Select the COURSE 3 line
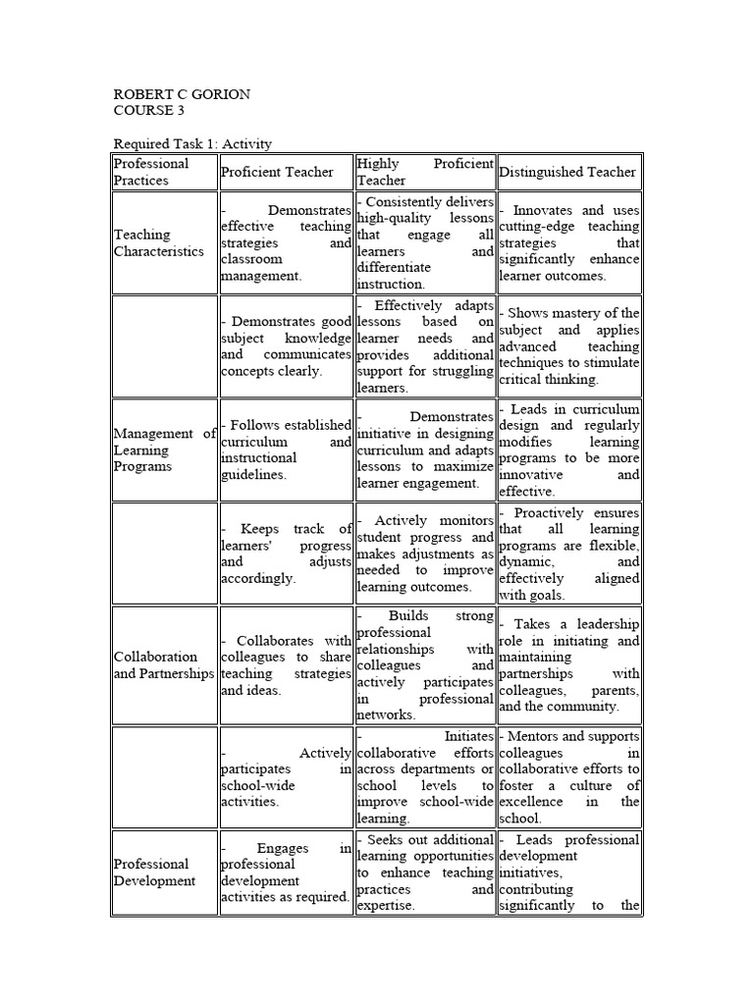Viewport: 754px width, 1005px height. tap(148, 111)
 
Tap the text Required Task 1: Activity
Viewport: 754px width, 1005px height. tap(192, 144)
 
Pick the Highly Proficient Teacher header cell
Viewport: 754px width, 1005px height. tap(425, 172)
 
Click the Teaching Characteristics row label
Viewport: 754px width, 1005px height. tap(159, 242)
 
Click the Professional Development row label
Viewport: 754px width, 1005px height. tap(154, 873)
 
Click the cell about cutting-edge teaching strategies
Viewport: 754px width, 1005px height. tap(569, 242)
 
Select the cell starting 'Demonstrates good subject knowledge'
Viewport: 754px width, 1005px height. tap(286, 345)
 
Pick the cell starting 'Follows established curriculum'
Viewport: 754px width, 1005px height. tap(286, 450)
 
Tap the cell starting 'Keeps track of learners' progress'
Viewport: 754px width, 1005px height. tap(286, 554)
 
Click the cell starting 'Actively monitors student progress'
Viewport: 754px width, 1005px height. tap(425, 554)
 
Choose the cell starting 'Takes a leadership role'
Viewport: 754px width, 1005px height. tap(569, 664)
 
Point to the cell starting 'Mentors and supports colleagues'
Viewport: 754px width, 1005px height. tap(569, 776)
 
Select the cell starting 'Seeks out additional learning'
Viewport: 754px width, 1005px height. tap(425, 873)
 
